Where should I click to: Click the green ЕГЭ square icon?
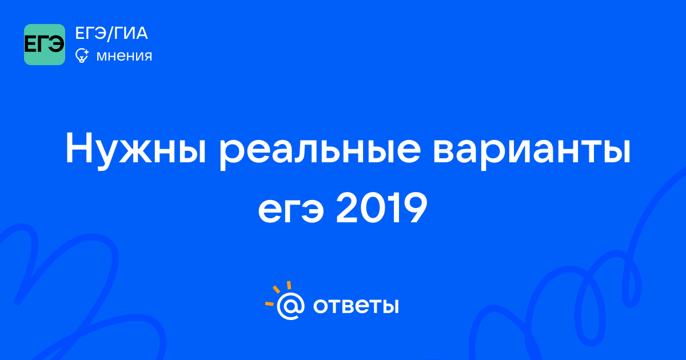[x=45, y=45]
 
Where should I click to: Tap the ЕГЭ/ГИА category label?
[x=111, y=33]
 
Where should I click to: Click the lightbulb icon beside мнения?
[x=82, y=55]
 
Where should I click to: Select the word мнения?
[x=124, y=56]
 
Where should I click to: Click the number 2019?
[x=382, y=207]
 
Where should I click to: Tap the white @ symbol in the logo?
[x=290, y=306]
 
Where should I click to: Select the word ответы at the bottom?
[x=356, y=306]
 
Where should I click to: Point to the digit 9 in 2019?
[x=413, y=208]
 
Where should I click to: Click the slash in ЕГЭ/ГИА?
[x=110, y=33]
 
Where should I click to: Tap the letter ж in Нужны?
[x=138, y=152]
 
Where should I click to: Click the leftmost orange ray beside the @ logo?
[x=269, y=303]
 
